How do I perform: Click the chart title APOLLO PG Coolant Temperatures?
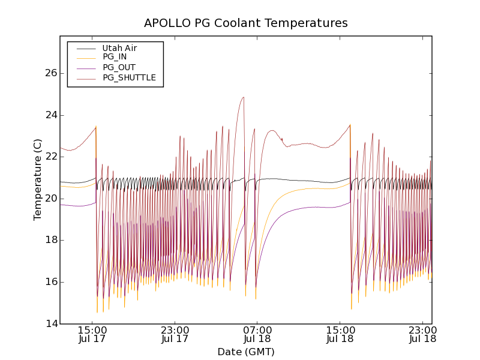point(246,23)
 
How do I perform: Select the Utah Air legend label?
point(119,48)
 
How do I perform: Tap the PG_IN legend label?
point(115,57)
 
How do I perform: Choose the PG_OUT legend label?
point(119,67)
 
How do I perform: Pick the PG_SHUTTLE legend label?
point(129,77)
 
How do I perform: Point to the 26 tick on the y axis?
point(51,73)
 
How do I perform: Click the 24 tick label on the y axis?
point(51,115)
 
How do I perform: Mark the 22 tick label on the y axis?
point(51,157)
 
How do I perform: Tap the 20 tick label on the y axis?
point(51,199)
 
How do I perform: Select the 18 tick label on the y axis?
point(51,240)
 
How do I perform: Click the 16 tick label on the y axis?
point(51,282)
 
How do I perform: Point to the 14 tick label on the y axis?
point(51,324)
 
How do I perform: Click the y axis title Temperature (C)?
point(38,179)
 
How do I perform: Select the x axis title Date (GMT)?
point(246,352)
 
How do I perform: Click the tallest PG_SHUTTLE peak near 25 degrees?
point(243,97)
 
